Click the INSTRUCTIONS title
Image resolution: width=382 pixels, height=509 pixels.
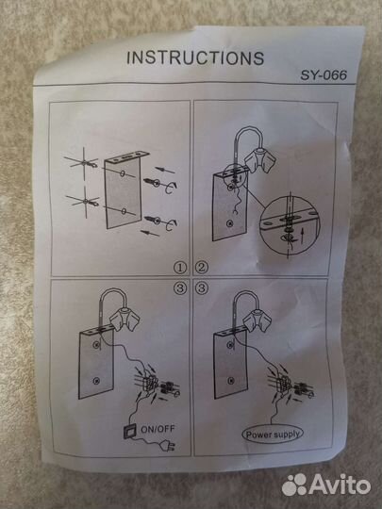pos(195,58)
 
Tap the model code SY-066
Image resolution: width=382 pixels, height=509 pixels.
pos(324,75)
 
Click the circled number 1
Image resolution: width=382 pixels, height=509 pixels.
pos(180,268)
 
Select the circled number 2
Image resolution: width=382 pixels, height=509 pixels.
pos(202,268)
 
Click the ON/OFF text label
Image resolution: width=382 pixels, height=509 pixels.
pos(158,429)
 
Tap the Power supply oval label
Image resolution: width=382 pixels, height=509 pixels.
pos(273,434)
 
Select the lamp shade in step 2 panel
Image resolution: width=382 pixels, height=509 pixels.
pos(260,160)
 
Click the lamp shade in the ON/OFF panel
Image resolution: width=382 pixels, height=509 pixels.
pos(125,320)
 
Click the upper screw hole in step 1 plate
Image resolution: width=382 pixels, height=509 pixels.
pos(123,173)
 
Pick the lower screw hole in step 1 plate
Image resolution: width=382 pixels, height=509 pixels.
pos(124,211)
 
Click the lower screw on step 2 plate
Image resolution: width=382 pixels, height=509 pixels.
pos(230,223)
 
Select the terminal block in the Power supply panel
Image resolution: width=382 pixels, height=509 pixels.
pos(284,383)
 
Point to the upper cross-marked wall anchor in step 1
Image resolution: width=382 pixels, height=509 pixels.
pos(84,162)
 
